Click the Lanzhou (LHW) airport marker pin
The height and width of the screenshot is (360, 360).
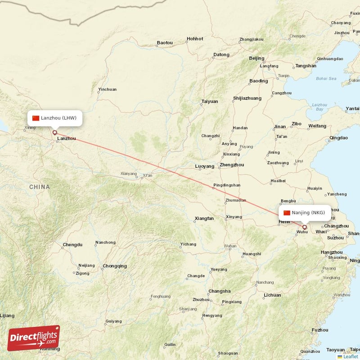[x=55, y=133]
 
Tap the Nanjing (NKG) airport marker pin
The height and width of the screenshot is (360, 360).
[x=305, y=227]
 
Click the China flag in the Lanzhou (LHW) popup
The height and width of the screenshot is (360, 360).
[x=36, y=118]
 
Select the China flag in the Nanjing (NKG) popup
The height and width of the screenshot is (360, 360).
[x=287, y=213]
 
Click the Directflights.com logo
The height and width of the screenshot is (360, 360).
[x=33, y=338]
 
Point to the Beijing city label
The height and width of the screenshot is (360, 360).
[x=256, y=58]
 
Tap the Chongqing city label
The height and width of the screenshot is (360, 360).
[x=115, y=266]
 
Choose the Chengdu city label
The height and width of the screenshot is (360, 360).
[x=72, y=245]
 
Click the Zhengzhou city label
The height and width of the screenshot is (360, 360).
[x=232, y=165]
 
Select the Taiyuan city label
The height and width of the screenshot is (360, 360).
[x=209, y=101]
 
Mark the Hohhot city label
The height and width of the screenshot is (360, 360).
[x=195, y=39]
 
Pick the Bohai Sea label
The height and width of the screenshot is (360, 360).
[x=326, y=79]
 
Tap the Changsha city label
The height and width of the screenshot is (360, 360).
[x=220, y=291]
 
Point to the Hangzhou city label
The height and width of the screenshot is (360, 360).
[x=333, y=252]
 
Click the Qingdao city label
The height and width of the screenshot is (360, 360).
[x=338, y=138]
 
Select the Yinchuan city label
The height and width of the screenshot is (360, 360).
[x=107, y=89]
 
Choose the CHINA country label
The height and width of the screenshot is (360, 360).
[x=40, y=187]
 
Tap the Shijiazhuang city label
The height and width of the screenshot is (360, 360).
[x=247, y=98]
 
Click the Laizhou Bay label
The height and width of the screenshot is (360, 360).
[x=319, y=107]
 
